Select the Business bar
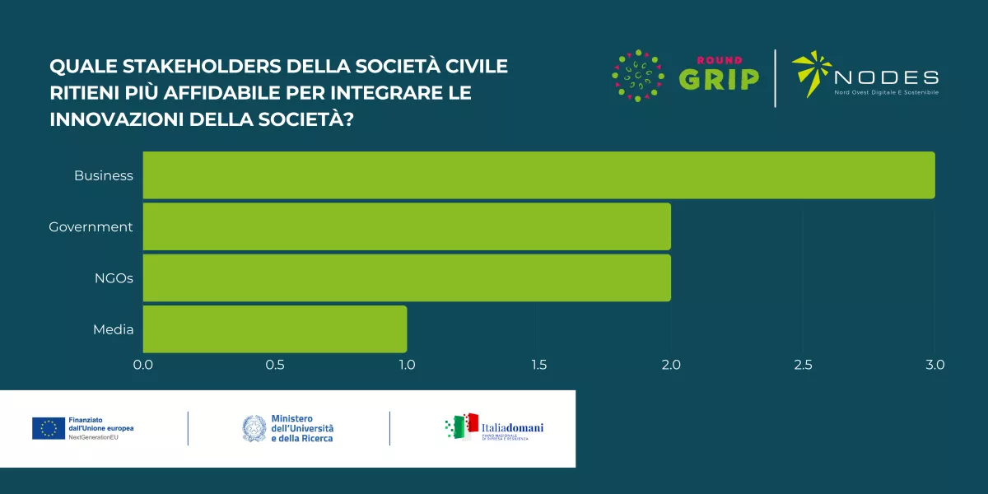coord(538,175)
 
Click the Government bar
coord(407,226)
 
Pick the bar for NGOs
coord(407,277)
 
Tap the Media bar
coord(275,329)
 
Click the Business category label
coord(104,175)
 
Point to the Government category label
coord(91,226)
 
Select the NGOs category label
coord(114,277)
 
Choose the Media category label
coord(113,329)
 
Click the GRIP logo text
coord(719,79)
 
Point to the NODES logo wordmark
coord(886,78)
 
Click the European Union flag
coord(49,428)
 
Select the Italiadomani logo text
coord(512,427)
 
